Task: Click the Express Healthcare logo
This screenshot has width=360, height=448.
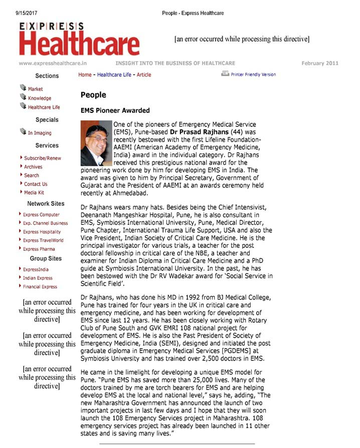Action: pyautogui.click(x=79, y=39)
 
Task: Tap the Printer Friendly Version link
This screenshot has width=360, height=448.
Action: pyautogui.click(x=253, y=75)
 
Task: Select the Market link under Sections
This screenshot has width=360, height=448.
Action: pyautogui.click(x=35, y=89)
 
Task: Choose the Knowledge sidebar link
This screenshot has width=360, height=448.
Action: pyautogui.click(x=39, y=98)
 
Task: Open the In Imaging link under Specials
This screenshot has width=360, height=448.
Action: pyautogui.click(x=39, y=133)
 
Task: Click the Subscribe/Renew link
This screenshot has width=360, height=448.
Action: pyautogui.click(x=42, y=158)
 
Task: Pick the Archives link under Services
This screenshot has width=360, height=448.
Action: pyautogui.click(x=33, y=167)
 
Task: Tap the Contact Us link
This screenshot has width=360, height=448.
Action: pyautogui.click(x=36, y=184)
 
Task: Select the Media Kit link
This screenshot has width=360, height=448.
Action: pyautogui.click(x=34, y=193)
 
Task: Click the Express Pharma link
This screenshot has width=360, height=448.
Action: pyautogui.click(x=39, y=249)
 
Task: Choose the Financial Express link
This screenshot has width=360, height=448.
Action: pyautogui.click(x=40, y=287)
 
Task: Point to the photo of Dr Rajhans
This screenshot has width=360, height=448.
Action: pyautogui.click(x=96, y=143)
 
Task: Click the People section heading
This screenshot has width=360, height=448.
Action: pyautogui.click(x=93, y=95)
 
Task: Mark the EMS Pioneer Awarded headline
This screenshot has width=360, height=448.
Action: pyautogui.click(x=115, y=110)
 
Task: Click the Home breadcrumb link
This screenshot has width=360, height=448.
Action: pyautogui.click(x=85, y=75)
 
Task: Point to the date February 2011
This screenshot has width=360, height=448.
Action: pyautogui.click(x=320, y=63)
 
